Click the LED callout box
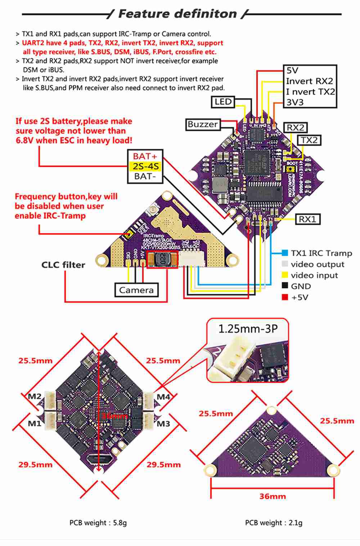coord(223,102)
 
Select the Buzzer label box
coord(203,125)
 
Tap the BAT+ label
coord(145,156)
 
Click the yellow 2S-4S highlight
coord(145,166)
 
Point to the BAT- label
coord(145,176)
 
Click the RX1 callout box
coord(307,219)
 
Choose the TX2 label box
coord(309,140)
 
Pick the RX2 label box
coord(295,127)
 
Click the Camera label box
coord(136,290)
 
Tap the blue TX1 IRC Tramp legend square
coord(285,253)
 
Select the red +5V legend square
coord(285,297)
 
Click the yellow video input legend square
coord(285,275)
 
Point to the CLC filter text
coord(63,265)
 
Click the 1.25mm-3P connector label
coord(248,329)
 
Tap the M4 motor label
coord(163,397)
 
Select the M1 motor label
coord(35,423)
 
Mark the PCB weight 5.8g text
coord(98,523)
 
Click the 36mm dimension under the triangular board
coord(273,496)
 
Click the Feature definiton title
coord(177,14)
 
